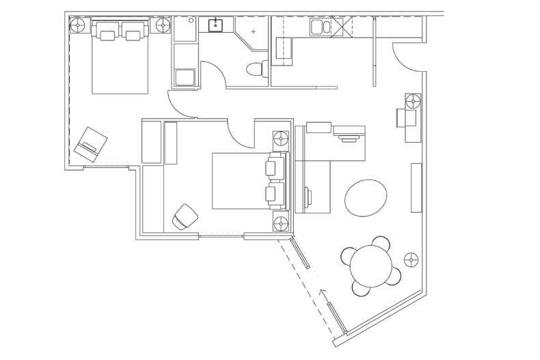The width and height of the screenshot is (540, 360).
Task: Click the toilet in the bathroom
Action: pyautogui.click(x=258, y=68)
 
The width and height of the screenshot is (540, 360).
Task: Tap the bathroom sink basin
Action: pyautogui.click(x=215, y=26)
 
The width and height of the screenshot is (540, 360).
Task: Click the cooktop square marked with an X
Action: pyautogui.click(x=341, y=27)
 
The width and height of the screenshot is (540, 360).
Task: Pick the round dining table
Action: pyautogui.click(x=371, y=266)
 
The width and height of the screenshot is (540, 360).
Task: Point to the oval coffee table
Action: pyautogui.click(x=366, y=197)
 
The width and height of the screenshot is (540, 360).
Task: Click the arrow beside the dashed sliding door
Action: pyautogui.click(x=323, y=296)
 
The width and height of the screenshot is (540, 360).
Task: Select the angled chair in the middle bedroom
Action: pyautogui.click(x=185, y=217)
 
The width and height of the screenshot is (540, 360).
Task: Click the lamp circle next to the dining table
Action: pyautogui.click(x=411, y=260)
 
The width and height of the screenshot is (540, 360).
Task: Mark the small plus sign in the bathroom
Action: pyautogui.click(x=253, y=31)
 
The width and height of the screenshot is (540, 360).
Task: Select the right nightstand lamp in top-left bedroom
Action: pyautogui.click(x=163, y=25)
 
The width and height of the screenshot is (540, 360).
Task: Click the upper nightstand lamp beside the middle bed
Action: pyautogui.click(x=281, y=139)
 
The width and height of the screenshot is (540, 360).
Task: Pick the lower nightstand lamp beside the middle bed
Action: pyautogui.click(x=281, y=223)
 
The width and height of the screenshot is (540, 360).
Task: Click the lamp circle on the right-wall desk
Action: pyautogui.click(x=413, y=102)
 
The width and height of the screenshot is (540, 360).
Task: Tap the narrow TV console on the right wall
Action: pyautogui.click(x=416, y=188)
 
